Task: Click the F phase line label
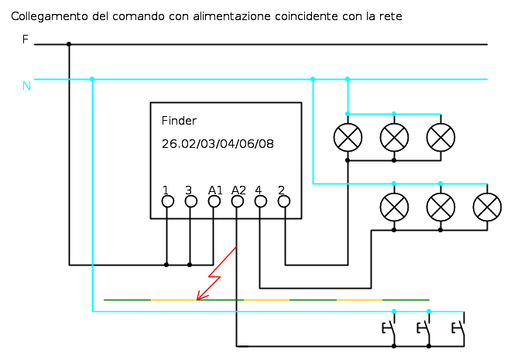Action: [x=26, y=39]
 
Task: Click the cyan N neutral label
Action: [x=26, y=86]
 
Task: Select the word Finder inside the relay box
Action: [x=179, y=121]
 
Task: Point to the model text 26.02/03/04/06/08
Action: [x=218, y=144]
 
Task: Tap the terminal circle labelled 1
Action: [x=168, y=201]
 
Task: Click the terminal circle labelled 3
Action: [x=190, y=201]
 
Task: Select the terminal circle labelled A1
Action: [x=214, y=201]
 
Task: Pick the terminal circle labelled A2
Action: [x=238, y=201]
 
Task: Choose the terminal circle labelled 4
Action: [x=261, y=201]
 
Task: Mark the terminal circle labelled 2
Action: [x=284, y=201]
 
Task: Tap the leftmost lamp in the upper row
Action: [x=348, y=137]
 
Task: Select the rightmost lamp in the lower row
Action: [x=487, y=207]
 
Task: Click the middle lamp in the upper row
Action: [x=394, y=137]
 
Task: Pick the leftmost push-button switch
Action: [x=390, y=328]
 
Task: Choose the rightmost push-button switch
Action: [x=460, y=328]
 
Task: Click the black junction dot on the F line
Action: [x=69, y=44]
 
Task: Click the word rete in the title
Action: [x=390, y=16]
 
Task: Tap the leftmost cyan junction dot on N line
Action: [x=92, y=79]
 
